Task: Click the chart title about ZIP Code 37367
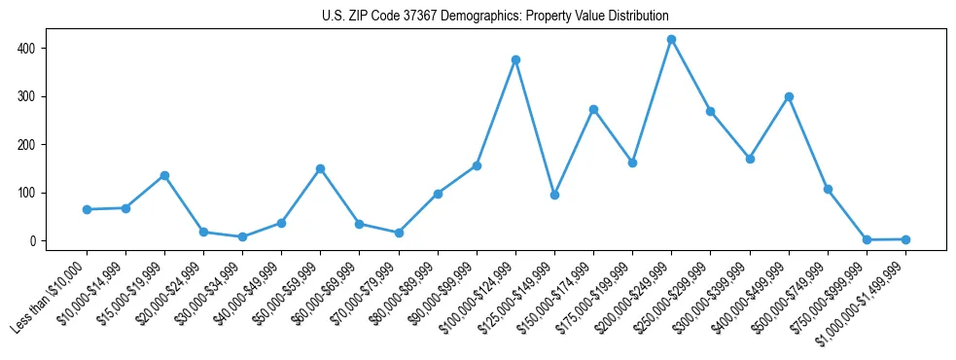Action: click(495, 17)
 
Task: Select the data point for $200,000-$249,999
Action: click(671, 39)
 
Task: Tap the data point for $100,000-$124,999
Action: click(515, 59)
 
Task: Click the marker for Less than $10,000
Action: click(87, 209)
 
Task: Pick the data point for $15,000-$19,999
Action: click(164, 175)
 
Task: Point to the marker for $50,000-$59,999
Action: click(320, 168)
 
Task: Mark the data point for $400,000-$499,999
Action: click(789, 96)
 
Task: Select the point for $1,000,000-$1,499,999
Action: click(905, 239)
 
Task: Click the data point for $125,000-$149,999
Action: click(554, 195)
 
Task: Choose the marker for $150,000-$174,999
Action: click(593, 109)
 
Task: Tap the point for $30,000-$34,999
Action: click(242, 236)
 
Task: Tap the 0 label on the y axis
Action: click(41, 241)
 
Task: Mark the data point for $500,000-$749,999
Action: click(828, 189)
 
